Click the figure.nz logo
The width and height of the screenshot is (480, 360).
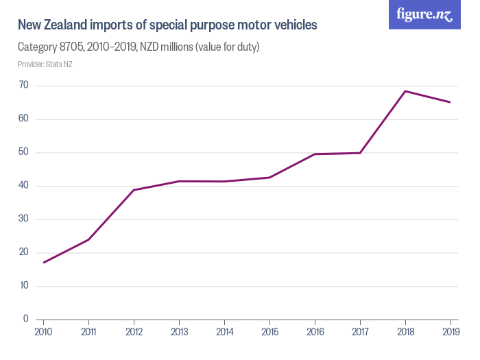[x=424, y=14]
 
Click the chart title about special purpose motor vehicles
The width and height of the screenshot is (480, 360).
[x=167, y=26]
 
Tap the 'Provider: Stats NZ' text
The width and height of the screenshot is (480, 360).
[x=45, y=64]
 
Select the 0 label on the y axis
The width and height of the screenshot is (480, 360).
[x=25, y=319]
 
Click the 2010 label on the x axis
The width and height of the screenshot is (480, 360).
[x=43, y=332]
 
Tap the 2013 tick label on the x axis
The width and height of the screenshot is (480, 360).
[x=179, y=332]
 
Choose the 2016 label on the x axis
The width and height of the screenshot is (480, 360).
[x=314, y=332]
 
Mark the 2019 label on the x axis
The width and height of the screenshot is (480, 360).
[x=450, y=332]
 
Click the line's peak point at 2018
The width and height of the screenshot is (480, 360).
[x=405, y=91]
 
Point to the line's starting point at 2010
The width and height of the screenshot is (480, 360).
[x=43, y=262]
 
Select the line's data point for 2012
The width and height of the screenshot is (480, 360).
[x=134, y=190]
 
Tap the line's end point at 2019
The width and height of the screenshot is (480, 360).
[x=450, y=102]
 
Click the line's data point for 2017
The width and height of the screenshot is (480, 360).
[x=359, y=153]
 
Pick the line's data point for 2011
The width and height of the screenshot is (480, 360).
[x=88, y=239]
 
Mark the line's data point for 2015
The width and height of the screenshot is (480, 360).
[x=269, y=178]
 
